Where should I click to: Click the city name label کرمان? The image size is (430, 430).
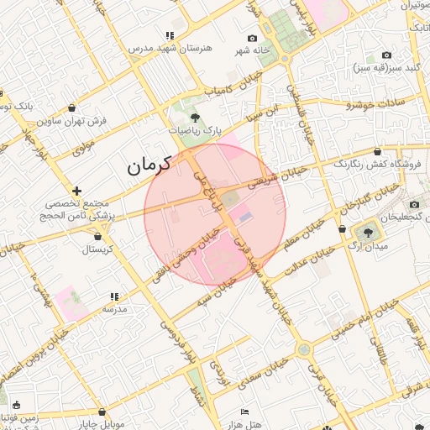point(149,165)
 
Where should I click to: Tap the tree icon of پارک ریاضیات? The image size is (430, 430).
point(195,118)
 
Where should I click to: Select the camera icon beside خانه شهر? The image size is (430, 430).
point(252,39)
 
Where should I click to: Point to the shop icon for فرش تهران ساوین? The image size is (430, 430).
point(71,107)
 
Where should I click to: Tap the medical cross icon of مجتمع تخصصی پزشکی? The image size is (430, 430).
point(76,191)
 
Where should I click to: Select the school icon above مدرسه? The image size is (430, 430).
point(114,296)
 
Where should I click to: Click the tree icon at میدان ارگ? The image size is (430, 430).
point(368,231)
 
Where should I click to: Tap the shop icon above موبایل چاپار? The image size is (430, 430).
point(102,412)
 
